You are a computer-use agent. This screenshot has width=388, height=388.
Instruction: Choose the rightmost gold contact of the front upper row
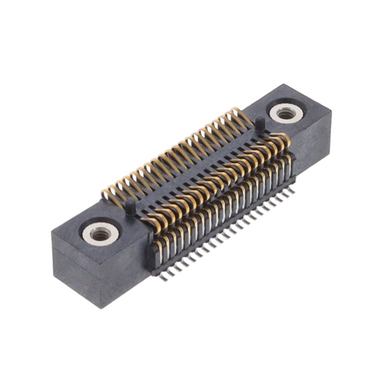point(284,141)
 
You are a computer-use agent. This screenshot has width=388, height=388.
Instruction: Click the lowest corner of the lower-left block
point(102,307)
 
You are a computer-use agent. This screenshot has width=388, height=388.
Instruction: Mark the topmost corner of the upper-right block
point(284,84)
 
